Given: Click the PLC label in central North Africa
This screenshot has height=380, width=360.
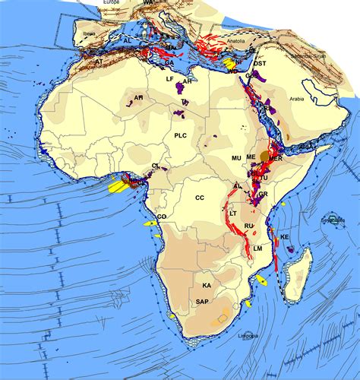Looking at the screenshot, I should tap(180, 135).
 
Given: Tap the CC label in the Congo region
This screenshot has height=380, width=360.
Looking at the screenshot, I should tap(200, 198).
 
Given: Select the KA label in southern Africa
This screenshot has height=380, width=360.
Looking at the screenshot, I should tap(207, 285).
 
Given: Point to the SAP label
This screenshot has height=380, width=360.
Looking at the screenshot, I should tap(202, 302).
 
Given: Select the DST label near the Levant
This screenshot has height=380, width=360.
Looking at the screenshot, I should tap(260, 64).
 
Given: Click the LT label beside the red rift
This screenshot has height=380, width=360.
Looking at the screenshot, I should tap(233, 214).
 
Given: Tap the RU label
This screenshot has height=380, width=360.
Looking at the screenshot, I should tap(248, 226).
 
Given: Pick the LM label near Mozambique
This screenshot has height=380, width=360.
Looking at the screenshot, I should tap(258, 249).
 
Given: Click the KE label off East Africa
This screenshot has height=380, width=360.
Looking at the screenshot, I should tap(286, 237).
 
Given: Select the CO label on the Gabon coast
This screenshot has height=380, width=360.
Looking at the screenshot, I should tap(162, 217).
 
